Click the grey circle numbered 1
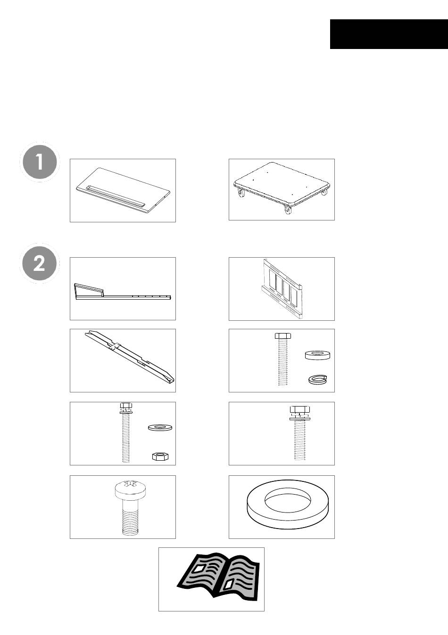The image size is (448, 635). coord(40,162)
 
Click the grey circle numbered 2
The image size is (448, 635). coord(40,263)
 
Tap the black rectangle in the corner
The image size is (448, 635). coord(389,34)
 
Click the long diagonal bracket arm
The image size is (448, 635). coord(130,357)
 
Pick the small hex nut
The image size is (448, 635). coord(161,456)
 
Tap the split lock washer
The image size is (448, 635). coord(318,380)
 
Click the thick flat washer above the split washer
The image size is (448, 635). coord(317,355)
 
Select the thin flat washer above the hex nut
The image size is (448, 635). coord(160,427)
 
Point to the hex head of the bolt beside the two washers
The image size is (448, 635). coord(283,336)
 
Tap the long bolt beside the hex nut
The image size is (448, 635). coord(126,432)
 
